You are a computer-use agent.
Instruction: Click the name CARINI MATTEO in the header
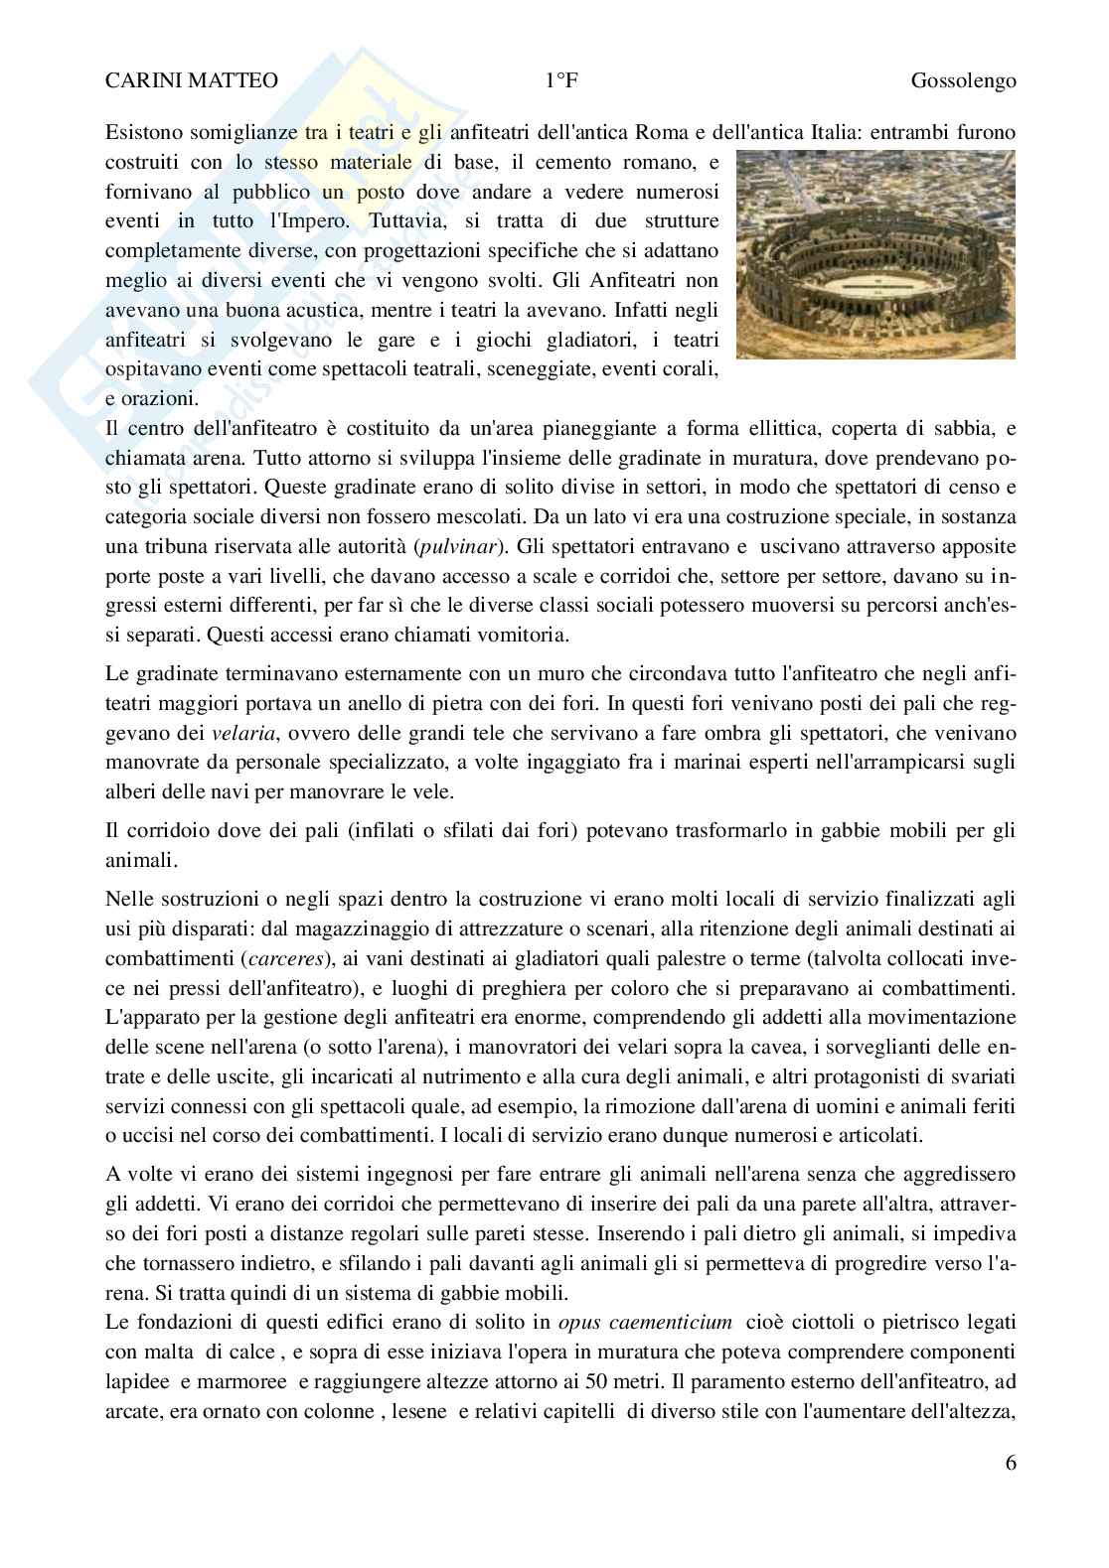coord(192,81)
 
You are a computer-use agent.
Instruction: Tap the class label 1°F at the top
coord(561,81)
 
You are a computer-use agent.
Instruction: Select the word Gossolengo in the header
coord(963,81)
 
